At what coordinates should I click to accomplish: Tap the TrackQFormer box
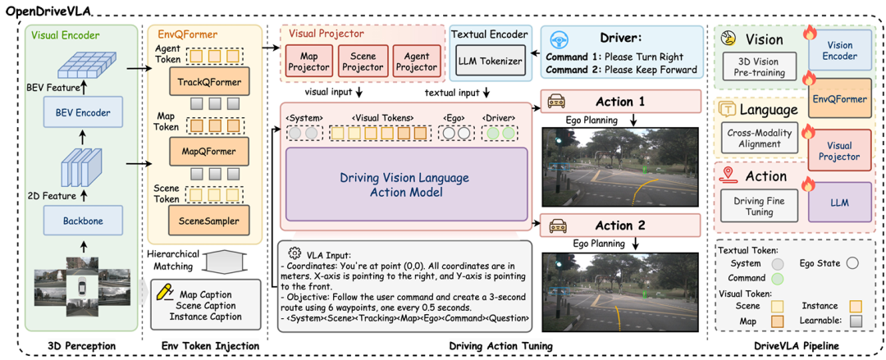(x=208, y=83)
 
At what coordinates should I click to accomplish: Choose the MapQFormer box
(x=208, y=151)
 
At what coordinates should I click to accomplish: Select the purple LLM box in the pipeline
(x=839, y=202)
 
